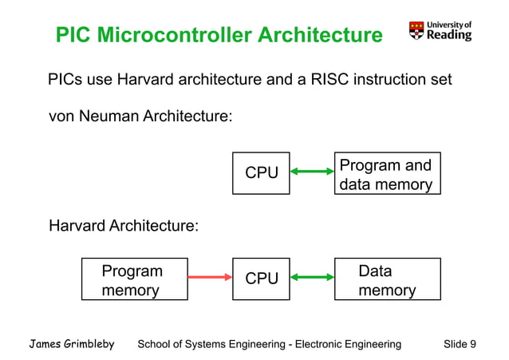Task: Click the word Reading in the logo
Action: pos(449,35)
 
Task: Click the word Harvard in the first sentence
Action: pos(146,80)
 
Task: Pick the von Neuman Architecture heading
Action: pos(141,117)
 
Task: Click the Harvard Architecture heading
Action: pos(124,226)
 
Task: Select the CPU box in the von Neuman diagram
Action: pos(261,172)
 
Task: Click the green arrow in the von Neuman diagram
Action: pos(312,171)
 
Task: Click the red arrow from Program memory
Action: pos(209,278)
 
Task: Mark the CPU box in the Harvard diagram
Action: pos(261,279)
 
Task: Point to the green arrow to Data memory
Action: pos(312,278)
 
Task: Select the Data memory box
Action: pos(387,279)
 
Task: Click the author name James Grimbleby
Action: pos(72,344)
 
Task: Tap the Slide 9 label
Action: pos(460,344)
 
